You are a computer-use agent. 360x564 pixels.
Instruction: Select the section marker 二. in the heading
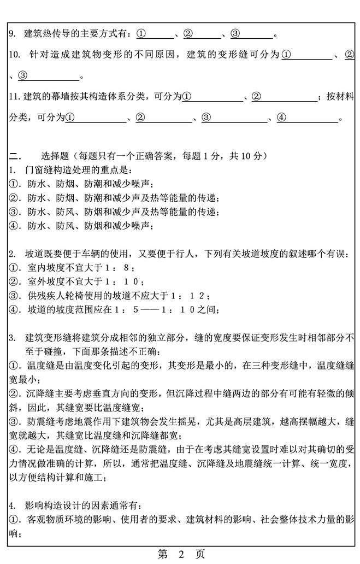click(15, 156)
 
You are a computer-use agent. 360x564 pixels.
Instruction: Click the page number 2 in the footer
click(180, 554)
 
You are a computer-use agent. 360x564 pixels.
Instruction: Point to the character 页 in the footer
click(200, 554)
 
